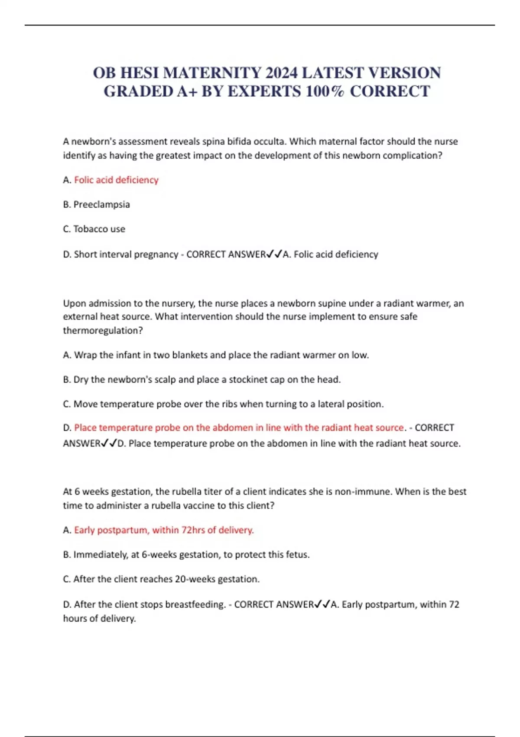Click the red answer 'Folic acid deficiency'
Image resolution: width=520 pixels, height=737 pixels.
pyautogui.click(x=116, y=180)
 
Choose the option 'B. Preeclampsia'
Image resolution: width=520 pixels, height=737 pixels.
pyautogui.click(x=96, y=205)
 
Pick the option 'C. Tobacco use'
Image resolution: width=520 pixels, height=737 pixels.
pyautogui.click(x=94, y=229)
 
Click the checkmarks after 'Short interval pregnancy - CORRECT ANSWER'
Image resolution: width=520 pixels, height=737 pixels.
pyautogui.click(x=274, y=254)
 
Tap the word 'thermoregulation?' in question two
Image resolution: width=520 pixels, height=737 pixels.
pyautogui.click(x=103, y=330)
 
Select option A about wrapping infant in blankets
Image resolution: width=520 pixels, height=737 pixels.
pyautogui.click(x=216, y=355)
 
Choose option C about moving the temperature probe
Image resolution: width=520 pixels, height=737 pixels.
pyautogui.click(x=223, y=404)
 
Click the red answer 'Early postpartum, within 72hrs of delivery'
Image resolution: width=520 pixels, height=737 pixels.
pyautogui.click(x=164, y=530)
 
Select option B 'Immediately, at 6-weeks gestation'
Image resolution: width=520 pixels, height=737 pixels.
pyautogui.click(x=186, y=554)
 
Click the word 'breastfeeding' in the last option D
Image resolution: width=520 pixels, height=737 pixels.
pyautogui.click(x=195, y=604)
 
